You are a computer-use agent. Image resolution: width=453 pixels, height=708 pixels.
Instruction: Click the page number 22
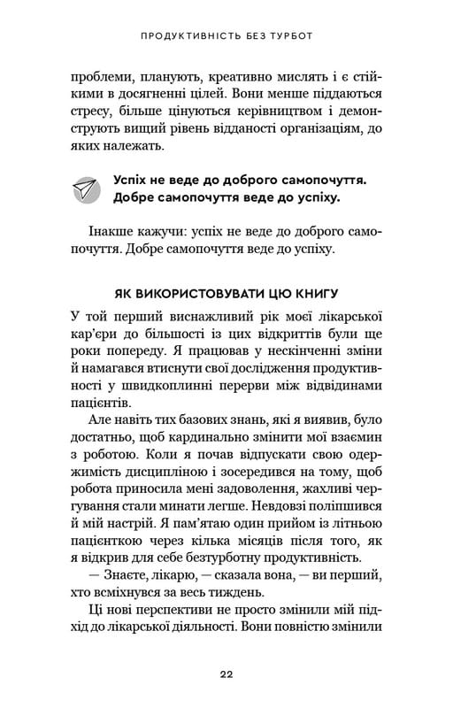[x=226, y=674]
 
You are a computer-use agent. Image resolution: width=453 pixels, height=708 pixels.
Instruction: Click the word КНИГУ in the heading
[x=317, y=293]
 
